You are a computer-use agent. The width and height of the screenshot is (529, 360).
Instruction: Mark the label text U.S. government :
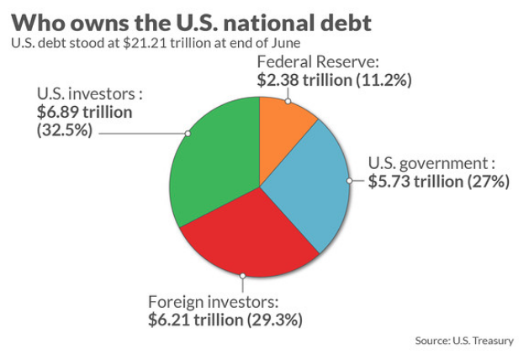pos(431,162)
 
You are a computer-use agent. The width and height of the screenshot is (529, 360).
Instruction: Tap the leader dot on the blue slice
pos(349,180)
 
